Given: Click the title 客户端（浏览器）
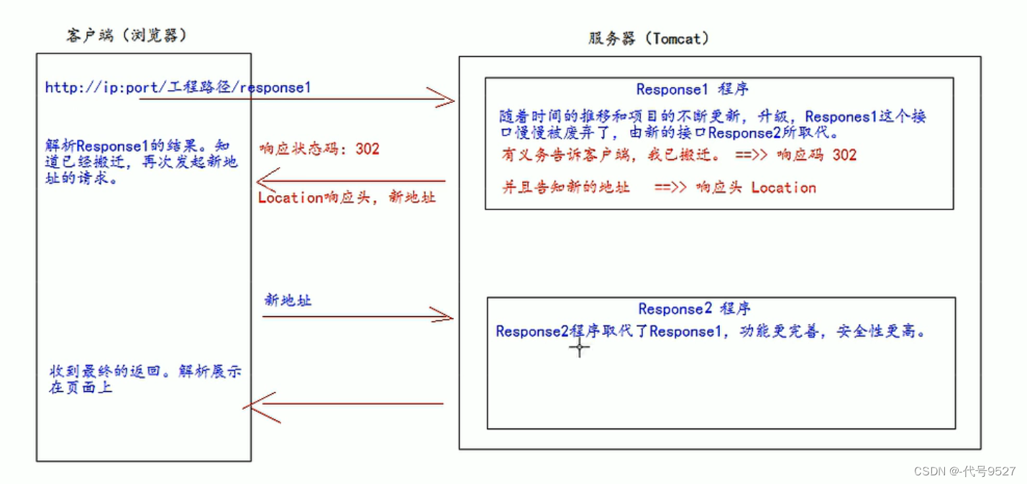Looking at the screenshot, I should click(x=127, y=35).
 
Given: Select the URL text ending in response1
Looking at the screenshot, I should click(x=178, y=88).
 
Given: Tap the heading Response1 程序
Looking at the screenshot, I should click(x=692, y=89).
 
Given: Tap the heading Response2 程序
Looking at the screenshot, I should click(x=694, y=309).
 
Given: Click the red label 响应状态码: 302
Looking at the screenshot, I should click(x=319, y=149).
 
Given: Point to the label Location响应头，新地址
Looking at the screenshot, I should click(x=347, y=197).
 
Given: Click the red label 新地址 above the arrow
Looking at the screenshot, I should click(x=288, y=300).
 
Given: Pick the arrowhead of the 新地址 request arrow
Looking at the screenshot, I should click(x=444, y=314).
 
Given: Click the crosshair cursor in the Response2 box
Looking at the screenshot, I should click(x=580, y=348).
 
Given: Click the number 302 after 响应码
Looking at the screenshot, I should click(x=844, y=155).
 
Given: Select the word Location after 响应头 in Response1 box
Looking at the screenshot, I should click(x=783, y=188).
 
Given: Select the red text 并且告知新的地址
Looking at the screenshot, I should click(x=565, y=188).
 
